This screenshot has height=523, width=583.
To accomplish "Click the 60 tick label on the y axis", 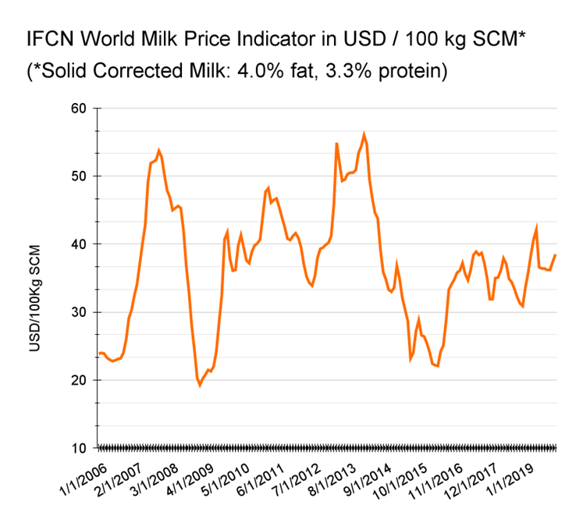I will coord(80,108).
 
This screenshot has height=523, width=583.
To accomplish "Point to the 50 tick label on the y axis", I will coord(80,176).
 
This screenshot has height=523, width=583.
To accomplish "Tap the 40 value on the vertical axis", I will coord(80,244).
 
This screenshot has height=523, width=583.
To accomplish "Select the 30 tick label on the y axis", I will coord(80,312).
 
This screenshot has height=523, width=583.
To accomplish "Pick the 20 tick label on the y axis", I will coord(80,380).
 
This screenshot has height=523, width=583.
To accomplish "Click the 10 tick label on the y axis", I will coord(80,448).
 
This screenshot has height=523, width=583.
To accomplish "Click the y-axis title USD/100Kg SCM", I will coord(35,297).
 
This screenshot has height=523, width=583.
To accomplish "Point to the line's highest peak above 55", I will coord(364,134).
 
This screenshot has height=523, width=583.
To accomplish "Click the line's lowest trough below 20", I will coord(200,385).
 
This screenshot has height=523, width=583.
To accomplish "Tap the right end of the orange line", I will coord(555,255).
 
